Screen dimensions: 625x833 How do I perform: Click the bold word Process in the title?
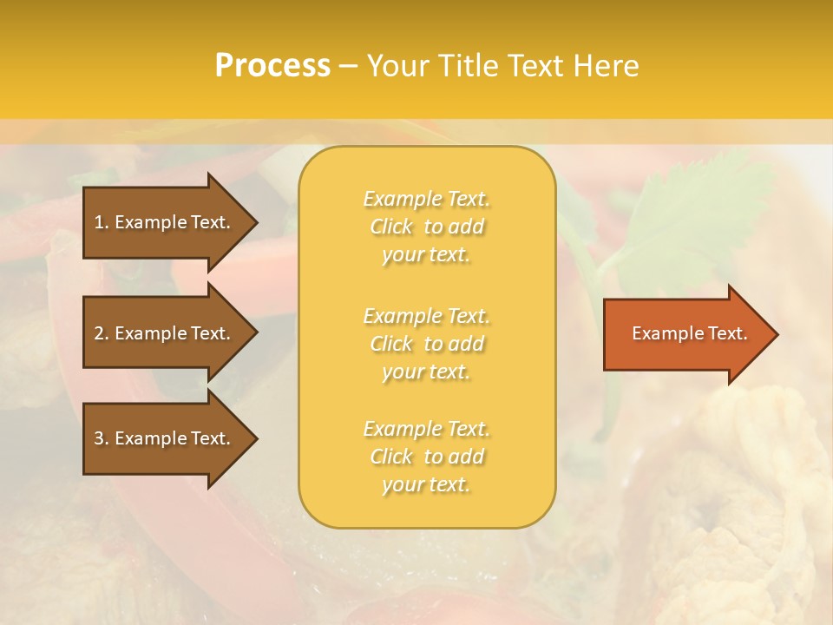tap(272, 66)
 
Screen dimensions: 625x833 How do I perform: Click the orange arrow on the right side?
tap(685, 333)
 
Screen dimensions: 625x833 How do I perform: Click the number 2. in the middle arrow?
tap(102, 333)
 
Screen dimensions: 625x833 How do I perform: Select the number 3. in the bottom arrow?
tap(102, 438)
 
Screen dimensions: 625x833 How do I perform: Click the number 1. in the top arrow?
tap(102, 222)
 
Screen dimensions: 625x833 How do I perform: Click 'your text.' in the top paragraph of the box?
tap(426, 255)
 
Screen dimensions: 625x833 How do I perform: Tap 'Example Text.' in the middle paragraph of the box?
tap(426, 316)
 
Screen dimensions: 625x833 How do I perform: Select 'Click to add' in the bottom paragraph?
tap(426, 457)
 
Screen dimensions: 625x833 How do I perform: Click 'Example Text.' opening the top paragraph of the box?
tap(426, 199)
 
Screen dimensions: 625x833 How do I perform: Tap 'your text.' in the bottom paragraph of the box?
tap(426, 485)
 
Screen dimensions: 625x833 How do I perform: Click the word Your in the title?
tap(396, 66)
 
